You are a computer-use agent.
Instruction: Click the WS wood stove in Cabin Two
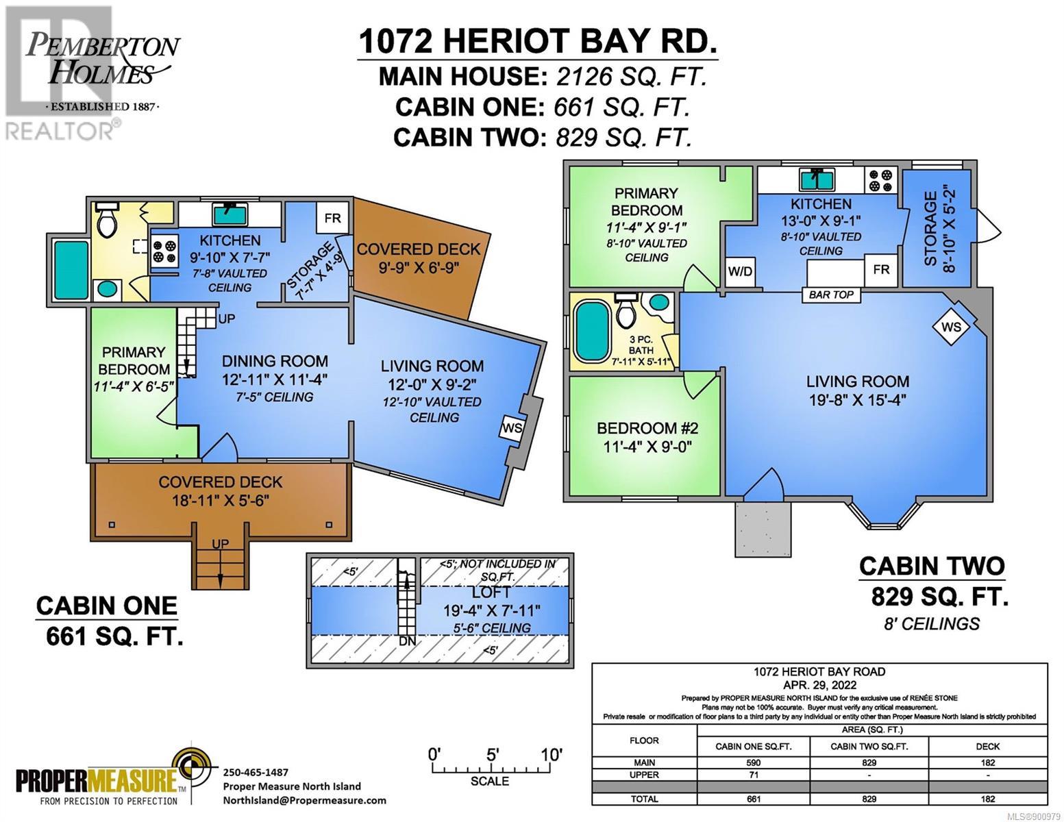951,327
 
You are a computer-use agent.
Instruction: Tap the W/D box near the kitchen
740,272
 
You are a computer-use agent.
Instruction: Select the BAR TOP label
831,295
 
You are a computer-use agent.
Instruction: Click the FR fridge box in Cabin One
332,218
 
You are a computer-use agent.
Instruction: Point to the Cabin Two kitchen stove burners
880,180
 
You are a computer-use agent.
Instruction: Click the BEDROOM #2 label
647,428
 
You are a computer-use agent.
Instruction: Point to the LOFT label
491,593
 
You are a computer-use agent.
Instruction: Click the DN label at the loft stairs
407,641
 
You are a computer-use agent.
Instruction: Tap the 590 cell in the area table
753,762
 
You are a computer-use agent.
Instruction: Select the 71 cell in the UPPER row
753,775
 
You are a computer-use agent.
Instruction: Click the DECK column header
988,747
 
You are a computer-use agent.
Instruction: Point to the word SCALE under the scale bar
490,781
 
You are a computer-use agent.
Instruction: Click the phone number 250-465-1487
256,772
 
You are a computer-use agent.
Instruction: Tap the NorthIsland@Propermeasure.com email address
305,801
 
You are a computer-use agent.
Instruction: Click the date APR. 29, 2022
819,685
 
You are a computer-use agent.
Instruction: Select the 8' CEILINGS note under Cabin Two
932,624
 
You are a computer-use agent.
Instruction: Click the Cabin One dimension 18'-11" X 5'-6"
221,501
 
